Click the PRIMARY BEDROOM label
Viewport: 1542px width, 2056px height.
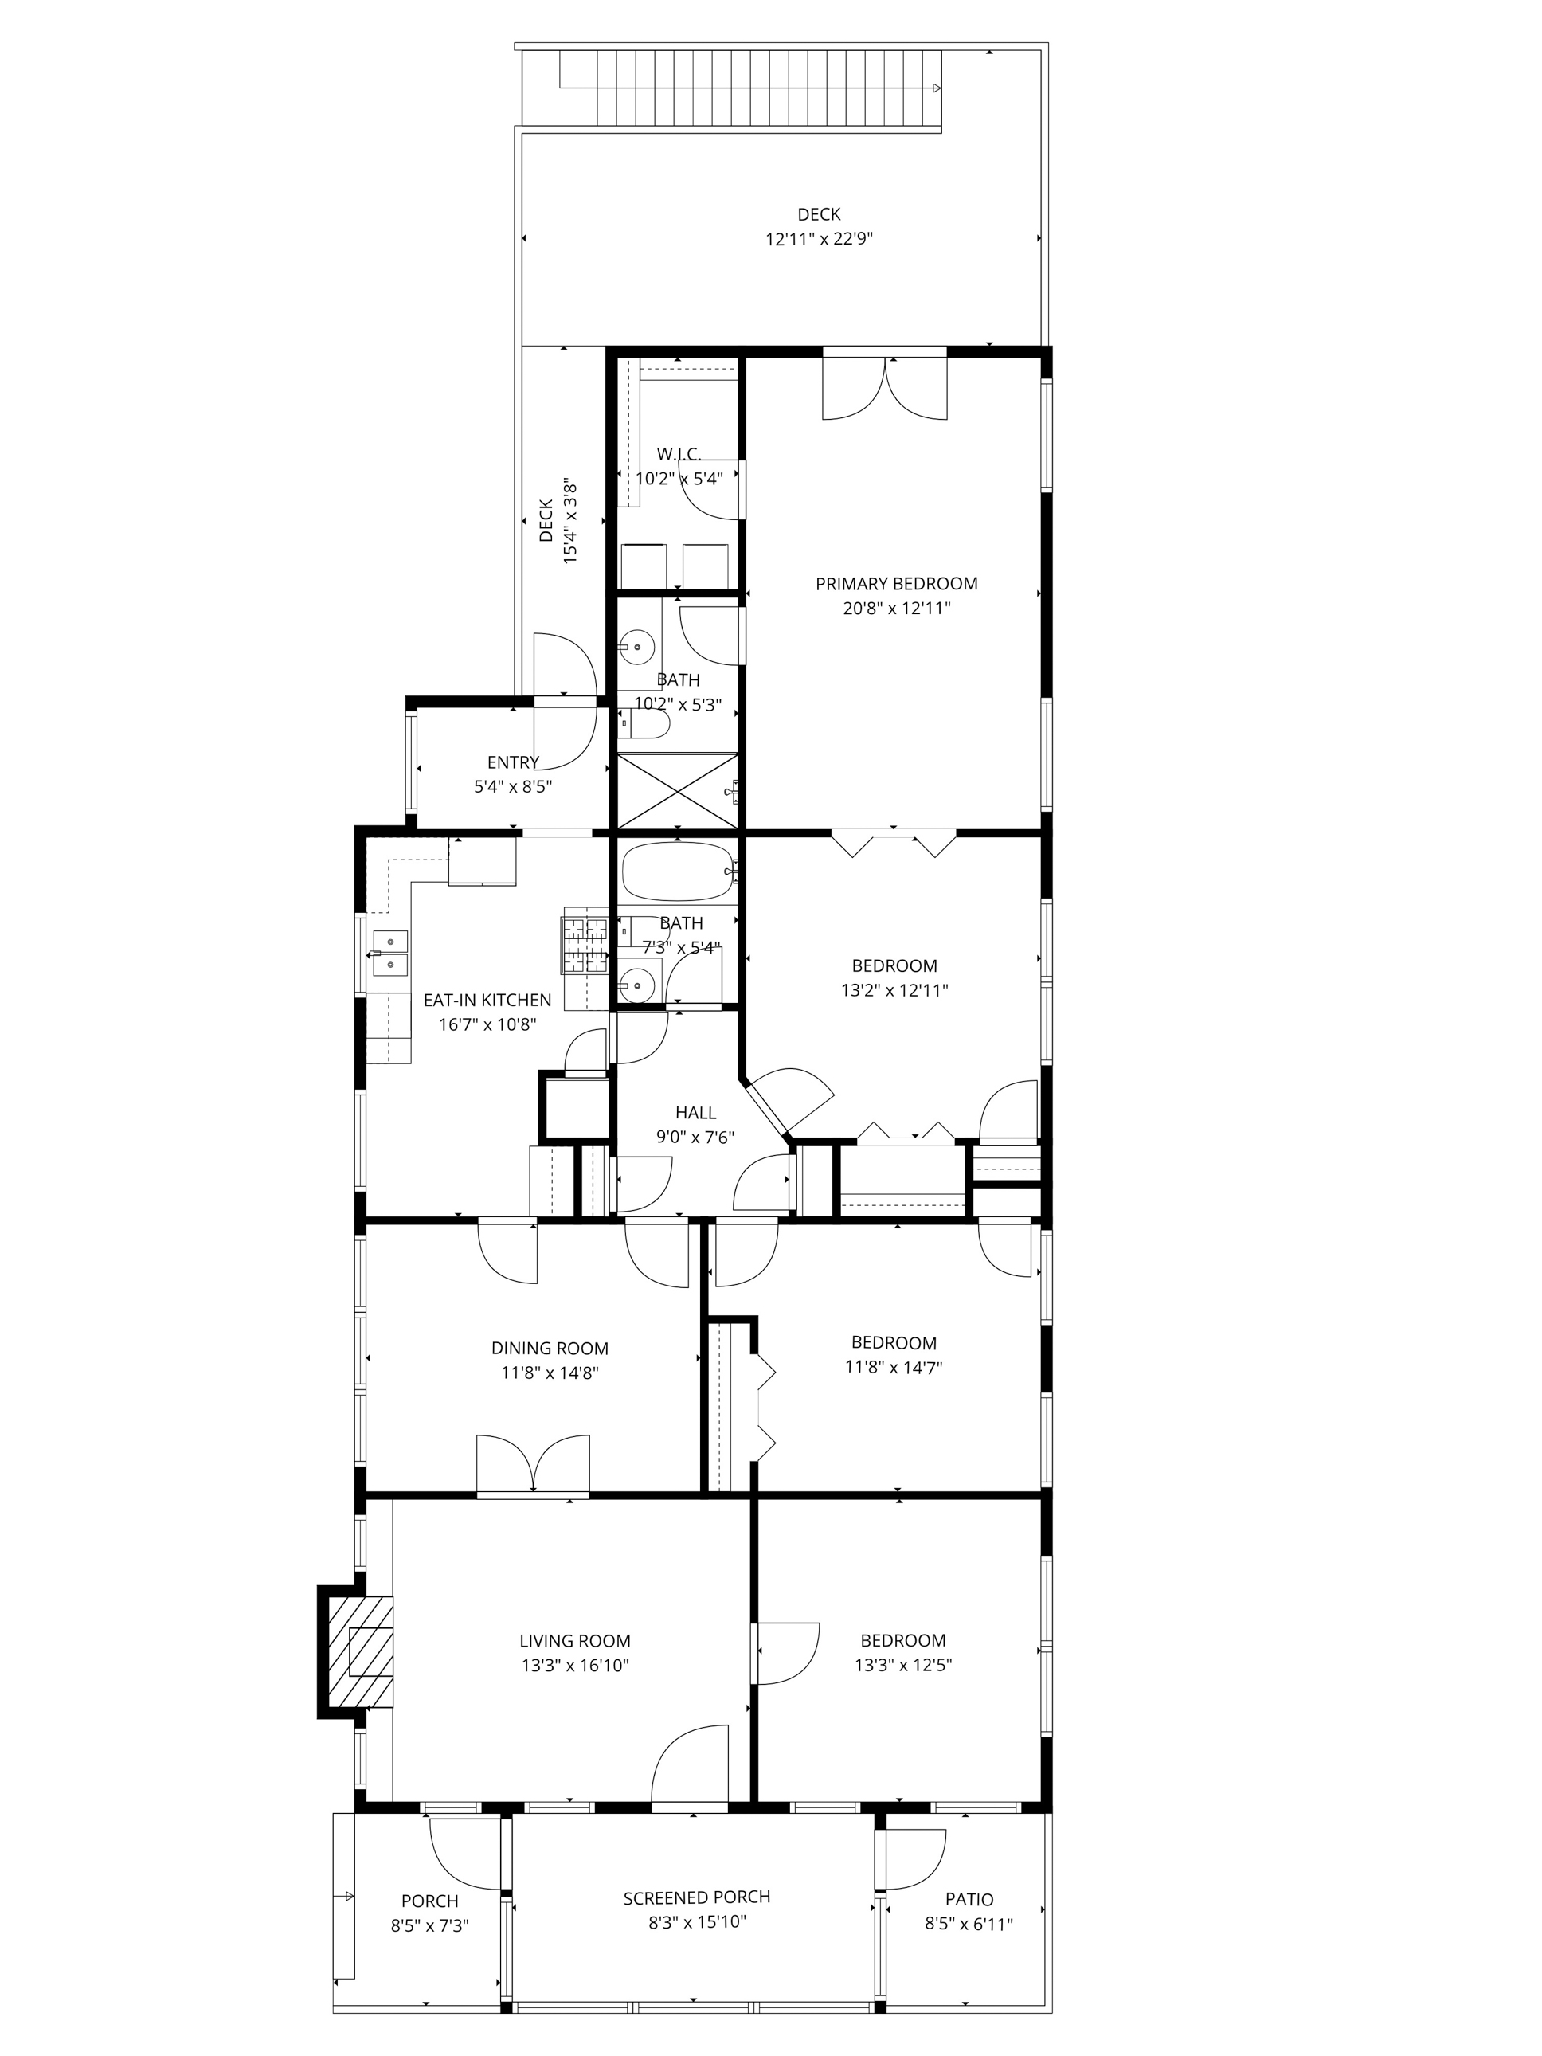click(896, 584)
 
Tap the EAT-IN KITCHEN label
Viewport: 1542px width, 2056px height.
click(487, 1000)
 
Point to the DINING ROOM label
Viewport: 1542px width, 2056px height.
click(550, 1349)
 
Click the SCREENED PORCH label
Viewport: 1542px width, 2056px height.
click(696, 1897)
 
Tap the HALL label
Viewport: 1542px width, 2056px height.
click(695, 1113)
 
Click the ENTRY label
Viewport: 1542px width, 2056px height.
click(513, 762)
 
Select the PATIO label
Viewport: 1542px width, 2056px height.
click(969, 1900)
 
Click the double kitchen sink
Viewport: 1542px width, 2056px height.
click(390, 953)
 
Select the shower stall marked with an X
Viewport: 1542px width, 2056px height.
click(678, 790)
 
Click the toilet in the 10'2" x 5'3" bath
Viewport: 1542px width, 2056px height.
click(644, 724)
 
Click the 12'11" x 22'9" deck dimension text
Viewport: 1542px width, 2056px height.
click(819, 239)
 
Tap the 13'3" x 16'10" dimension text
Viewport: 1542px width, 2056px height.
click(574, 1666)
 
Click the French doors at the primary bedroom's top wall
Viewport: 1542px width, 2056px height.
click(885, 386)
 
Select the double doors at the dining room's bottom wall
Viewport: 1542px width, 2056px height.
click(533, 1466)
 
